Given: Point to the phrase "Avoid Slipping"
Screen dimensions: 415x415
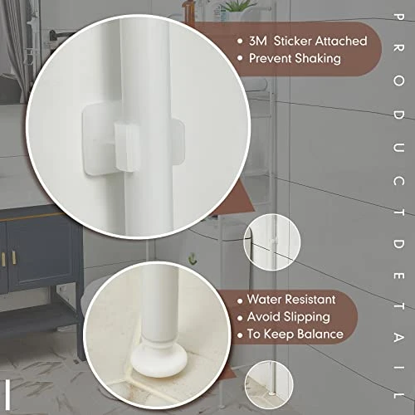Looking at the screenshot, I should pos(288,316).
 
